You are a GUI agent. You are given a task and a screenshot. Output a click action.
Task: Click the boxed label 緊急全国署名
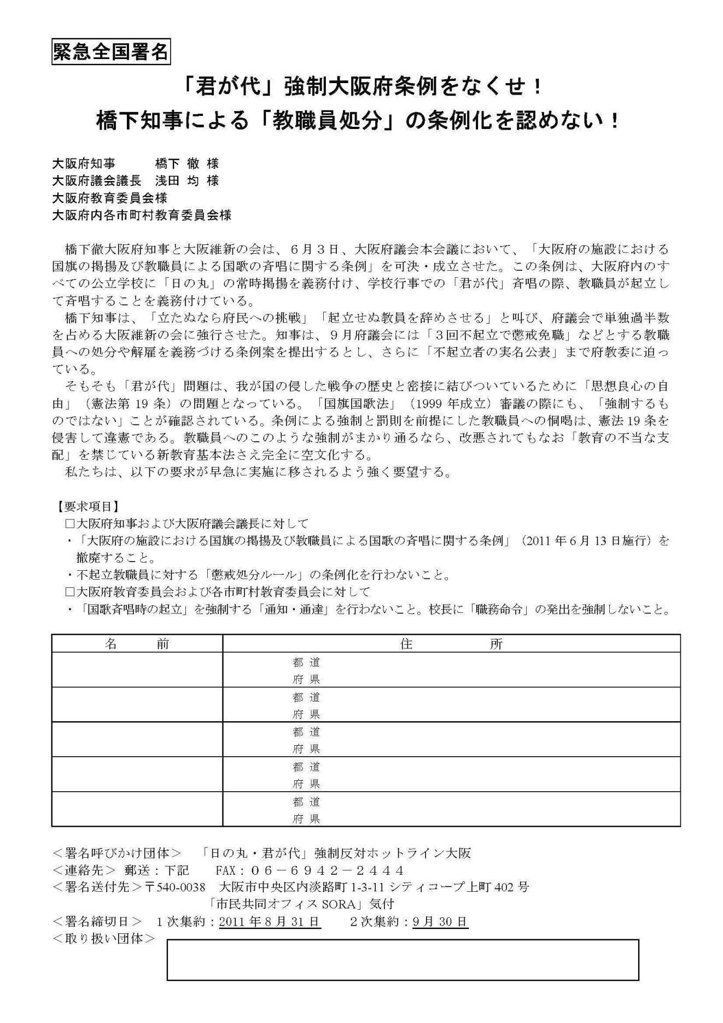pyautogui.click(x=110, y=52)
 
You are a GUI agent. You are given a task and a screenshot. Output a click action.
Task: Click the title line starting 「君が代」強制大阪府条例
pyautogui.click(x=362, y=86)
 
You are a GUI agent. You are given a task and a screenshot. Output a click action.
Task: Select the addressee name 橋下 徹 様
pyautogui.click(x=186, y=163)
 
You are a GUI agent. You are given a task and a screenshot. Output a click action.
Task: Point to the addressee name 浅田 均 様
pyautogui.click(x=186, y=180)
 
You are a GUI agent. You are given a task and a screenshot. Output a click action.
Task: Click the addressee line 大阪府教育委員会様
pyautogui.click(x=109, y=197)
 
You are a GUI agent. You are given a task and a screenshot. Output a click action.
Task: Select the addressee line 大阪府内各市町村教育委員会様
pyautogui.click(x=142, y=215)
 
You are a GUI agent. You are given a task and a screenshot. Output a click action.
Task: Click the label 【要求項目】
pyautogui.click(x=86, y=507)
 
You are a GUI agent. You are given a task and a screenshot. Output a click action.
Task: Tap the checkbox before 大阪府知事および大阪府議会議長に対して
pyautogui.click(x=69, y=524)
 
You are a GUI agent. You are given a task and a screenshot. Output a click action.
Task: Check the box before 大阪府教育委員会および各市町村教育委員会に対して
pyautogui.click(x=69, y=592)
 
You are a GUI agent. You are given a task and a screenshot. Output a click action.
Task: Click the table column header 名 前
pyautogui.click(x=137, y=644)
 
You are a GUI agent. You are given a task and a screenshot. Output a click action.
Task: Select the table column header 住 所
pyautogui.click(x=451, y=644)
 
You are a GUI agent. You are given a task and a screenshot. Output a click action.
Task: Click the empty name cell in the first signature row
pyautogui.click(x=137, y=670)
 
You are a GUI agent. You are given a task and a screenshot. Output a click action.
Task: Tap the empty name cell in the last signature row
pyautogui.click(x=137, y=809)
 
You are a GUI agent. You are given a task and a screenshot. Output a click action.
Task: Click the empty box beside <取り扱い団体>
pyautogui.click(x=403, y=960)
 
